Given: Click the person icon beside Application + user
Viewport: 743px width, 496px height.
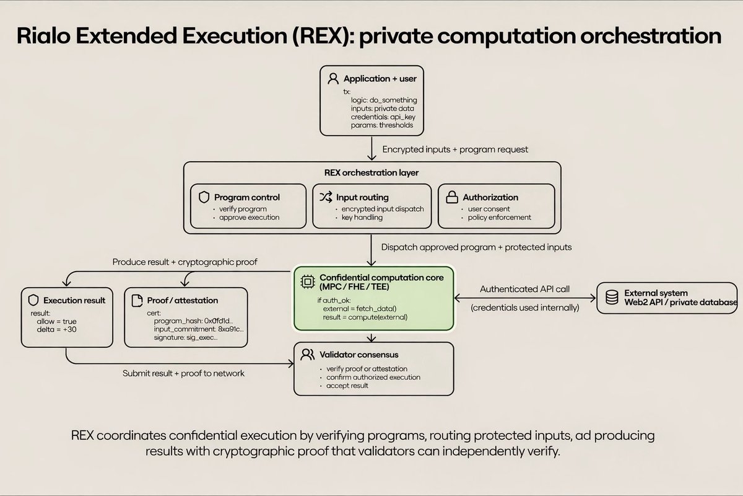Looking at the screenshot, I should point(333,79).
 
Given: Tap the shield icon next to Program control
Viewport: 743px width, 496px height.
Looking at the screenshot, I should point(204,197).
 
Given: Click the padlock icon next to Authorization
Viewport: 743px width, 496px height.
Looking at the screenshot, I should point(451,197).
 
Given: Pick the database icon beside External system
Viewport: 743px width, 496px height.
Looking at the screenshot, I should point(612,297).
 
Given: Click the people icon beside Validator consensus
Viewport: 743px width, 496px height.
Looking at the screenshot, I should point(306,355).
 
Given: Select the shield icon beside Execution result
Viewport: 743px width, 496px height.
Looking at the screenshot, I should point(33,300).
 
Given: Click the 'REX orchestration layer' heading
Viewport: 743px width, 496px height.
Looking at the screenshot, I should point(371,173).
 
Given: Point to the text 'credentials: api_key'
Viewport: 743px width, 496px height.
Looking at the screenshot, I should point(380,117).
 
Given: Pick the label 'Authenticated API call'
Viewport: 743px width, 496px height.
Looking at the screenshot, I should point(526,289).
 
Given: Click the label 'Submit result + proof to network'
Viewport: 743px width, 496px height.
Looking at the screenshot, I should point(183,373).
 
